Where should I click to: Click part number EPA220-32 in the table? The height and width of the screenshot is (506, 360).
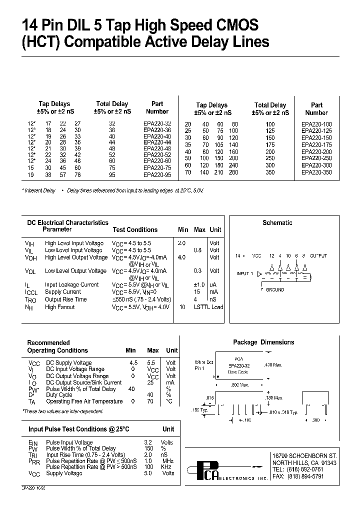[x=157, y=123]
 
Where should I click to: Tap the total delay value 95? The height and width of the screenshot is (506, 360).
[x=111, y=175]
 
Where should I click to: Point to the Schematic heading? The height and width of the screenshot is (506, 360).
[x=277, y=222]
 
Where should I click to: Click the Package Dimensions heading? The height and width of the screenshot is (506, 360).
[x=263, y=342]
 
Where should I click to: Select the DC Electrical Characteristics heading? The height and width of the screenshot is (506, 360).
[x=67, y=222]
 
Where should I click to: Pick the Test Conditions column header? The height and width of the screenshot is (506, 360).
[x=135, y=230]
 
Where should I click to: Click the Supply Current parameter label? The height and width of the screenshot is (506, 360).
[x=62, y=292]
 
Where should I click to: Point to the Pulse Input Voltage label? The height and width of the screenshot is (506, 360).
[x=69, y=442]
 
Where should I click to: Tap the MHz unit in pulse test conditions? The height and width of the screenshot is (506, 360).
[x=167, y=460]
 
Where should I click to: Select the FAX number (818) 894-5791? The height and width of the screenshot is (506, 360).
[x=305, y=476]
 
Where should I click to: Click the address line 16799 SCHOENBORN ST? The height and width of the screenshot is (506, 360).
[x=305, y=456]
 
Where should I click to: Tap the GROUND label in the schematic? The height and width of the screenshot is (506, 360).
[x=274, y=289]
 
